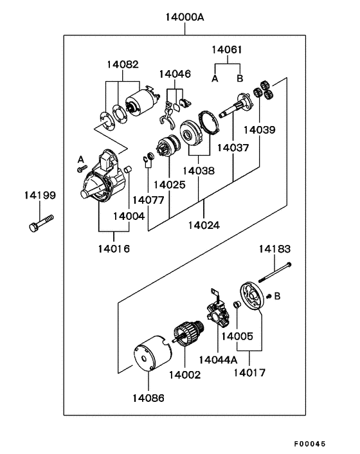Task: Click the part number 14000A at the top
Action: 184,17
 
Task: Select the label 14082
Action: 123,64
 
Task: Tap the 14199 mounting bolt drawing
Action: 41,223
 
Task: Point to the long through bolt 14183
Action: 274,272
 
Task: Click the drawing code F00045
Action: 310,444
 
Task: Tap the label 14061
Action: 227,50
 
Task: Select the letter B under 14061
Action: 240,78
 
